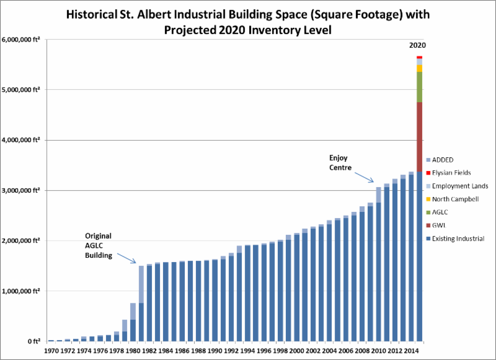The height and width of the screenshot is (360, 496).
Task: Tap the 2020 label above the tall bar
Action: (417, 45)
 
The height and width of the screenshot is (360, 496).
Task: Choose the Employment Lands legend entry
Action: (459, 186)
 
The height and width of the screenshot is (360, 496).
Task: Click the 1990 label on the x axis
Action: (215, 351)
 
